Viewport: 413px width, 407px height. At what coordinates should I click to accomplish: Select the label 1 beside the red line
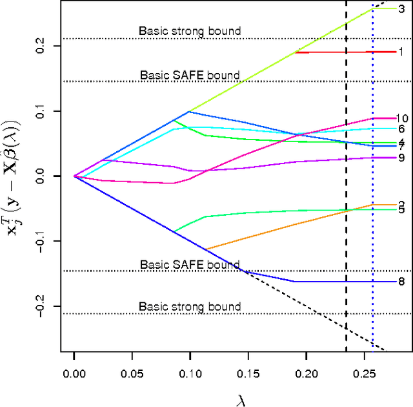tap(401, 52)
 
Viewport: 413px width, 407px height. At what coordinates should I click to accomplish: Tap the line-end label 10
tap(401, 118)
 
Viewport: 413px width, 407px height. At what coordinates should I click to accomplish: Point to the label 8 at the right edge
tap(401, 282)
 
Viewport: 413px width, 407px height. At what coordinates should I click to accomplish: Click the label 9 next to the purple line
tap(401, 158)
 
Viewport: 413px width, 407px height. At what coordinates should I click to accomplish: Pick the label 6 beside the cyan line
tap(401, 129)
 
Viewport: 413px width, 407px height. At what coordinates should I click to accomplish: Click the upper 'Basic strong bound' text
tap(190, 30)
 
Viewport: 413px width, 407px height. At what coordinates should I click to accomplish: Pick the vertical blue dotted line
tap(373, 194)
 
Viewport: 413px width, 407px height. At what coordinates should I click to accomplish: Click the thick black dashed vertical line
tap(346, 194)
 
